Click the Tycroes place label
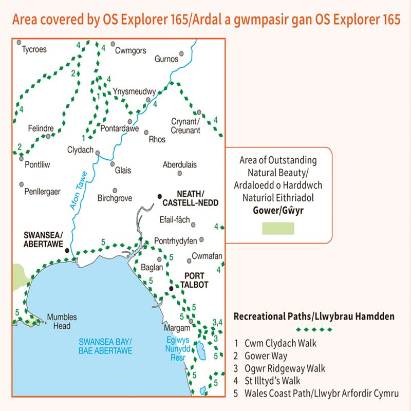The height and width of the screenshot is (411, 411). (34, 50)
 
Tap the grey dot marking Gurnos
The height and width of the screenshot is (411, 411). (181, 53)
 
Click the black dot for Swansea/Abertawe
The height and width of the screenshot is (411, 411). (67, 250)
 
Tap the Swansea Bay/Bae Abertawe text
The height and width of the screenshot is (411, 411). (106, 346)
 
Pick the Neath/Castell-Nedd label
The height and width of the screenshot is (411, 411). (197, 198)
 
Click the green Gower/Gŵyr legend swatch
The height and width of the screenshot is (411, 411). (278, 229)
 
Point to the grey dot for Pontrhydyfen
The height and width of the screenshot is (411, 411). (202, 239)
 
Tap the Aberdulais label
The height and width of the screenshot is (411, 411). (180, 165)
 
